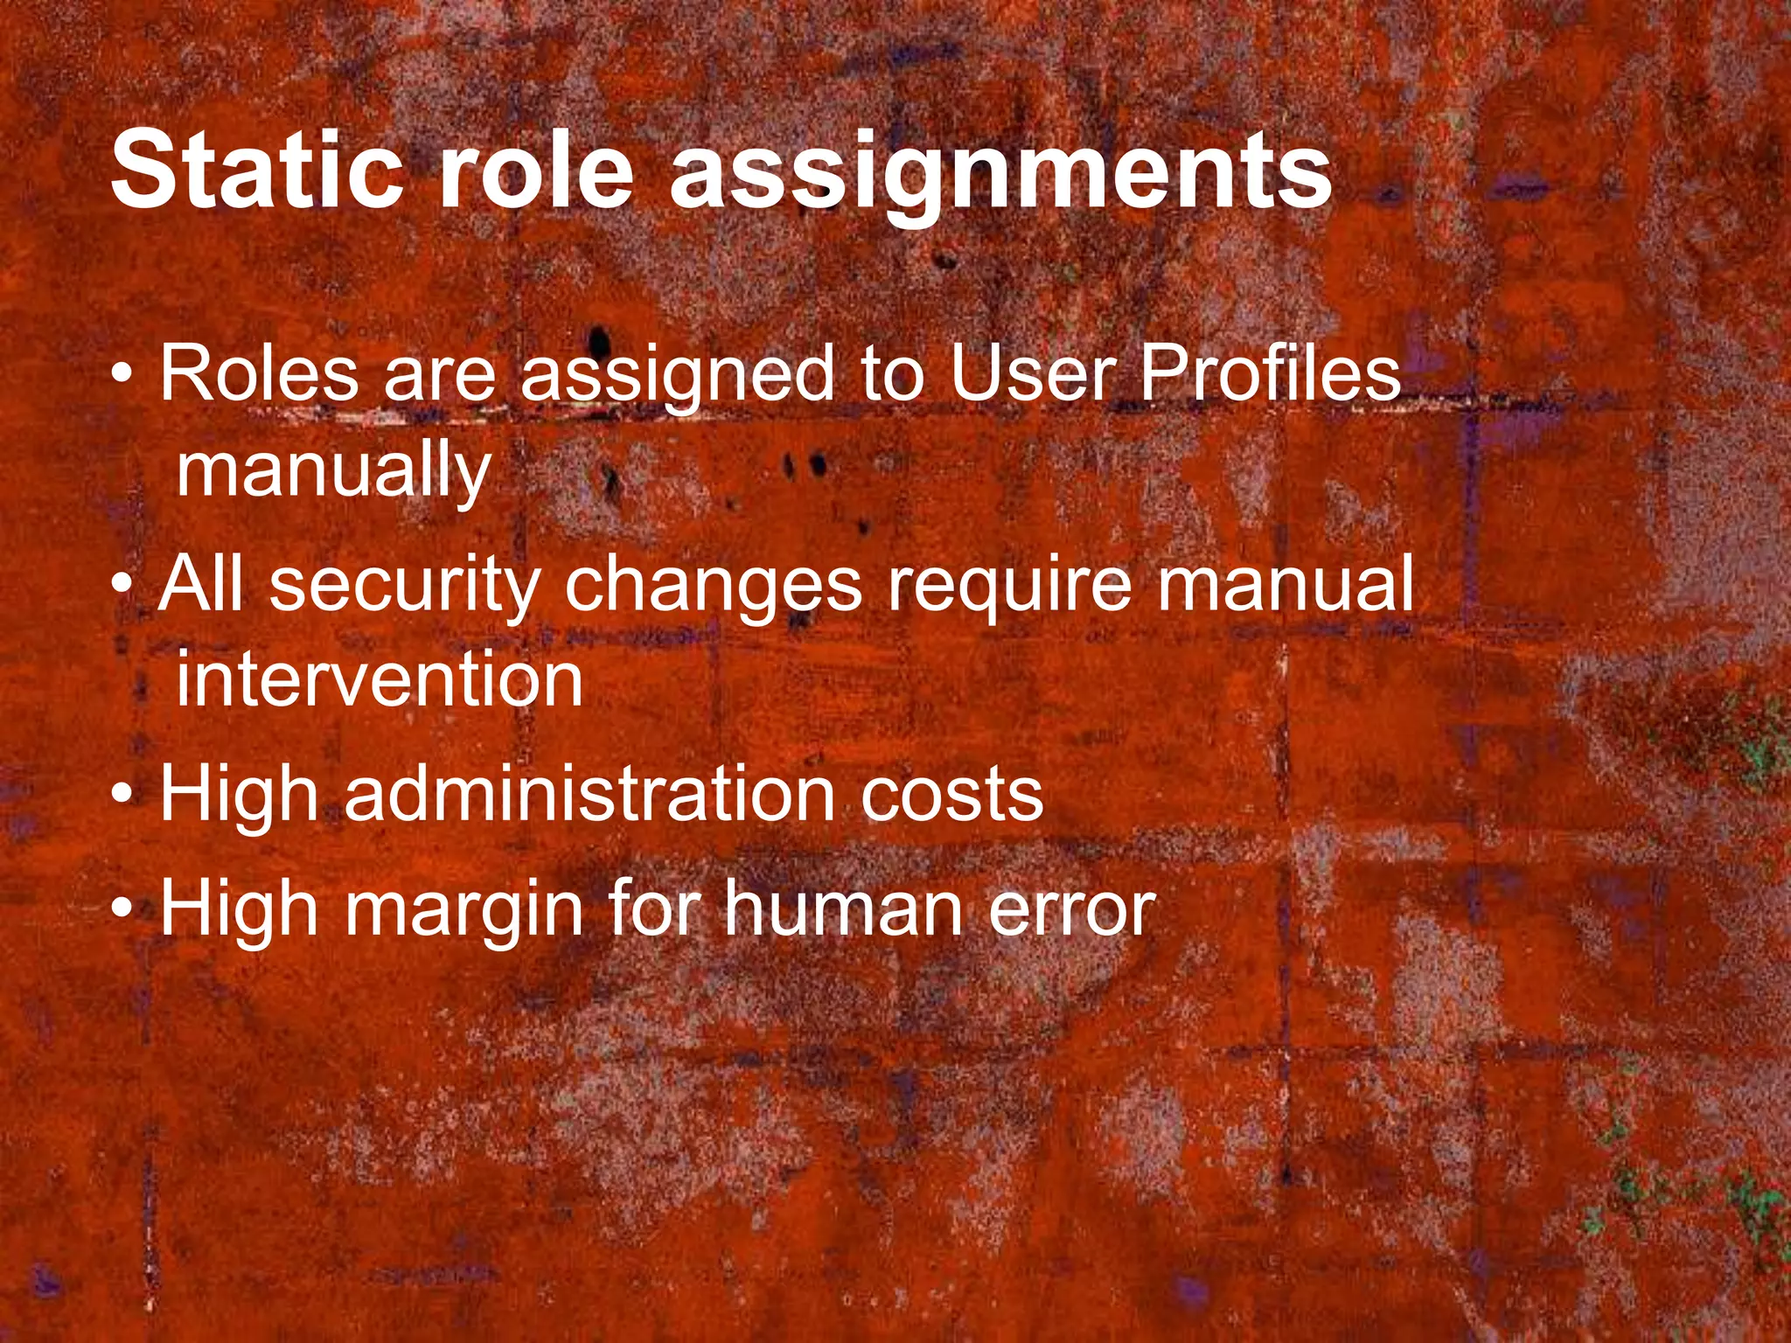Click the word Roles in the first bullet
point(259,373)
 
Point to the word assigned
point(678,378)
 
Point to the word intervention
point(379,680)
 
